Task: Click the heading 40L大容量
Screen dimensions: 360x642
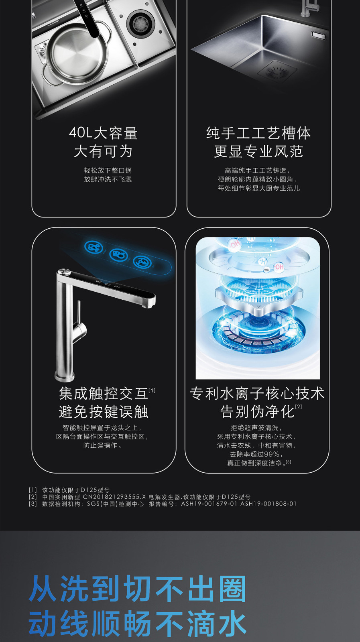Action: point(103,133)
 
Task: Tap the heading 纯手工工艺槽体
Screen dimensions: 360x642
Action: point(258,133)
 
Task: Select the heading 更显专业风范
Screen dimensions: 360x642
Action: point(258,151)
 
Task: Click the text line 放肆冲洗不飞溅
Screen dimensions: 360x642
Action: point(108,179)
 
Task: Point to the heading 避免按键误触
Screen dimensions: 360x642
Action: point(104,412)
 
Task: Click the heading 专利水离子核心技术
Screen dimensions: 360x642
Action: point(257,393)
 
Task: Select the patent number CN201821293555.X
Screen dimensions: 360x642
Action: point(114,497)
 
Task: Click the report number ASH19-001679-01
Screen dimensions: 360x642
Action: point(209,504)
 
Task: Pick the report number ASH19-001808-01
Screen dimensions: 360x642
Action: point(268,504)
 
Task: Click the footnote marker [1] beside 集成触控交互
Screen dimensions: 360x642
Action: point(152,390)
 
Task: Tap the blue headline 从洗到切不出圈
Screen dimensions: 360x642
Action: point(137,589)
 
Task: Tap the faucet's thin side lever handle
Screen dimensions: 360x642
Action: point(79,313)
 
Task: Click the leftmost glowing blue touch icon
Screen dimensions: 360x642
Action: point(94,247)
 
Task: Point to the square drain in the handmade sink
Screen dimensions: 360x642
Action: point(277,71)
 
